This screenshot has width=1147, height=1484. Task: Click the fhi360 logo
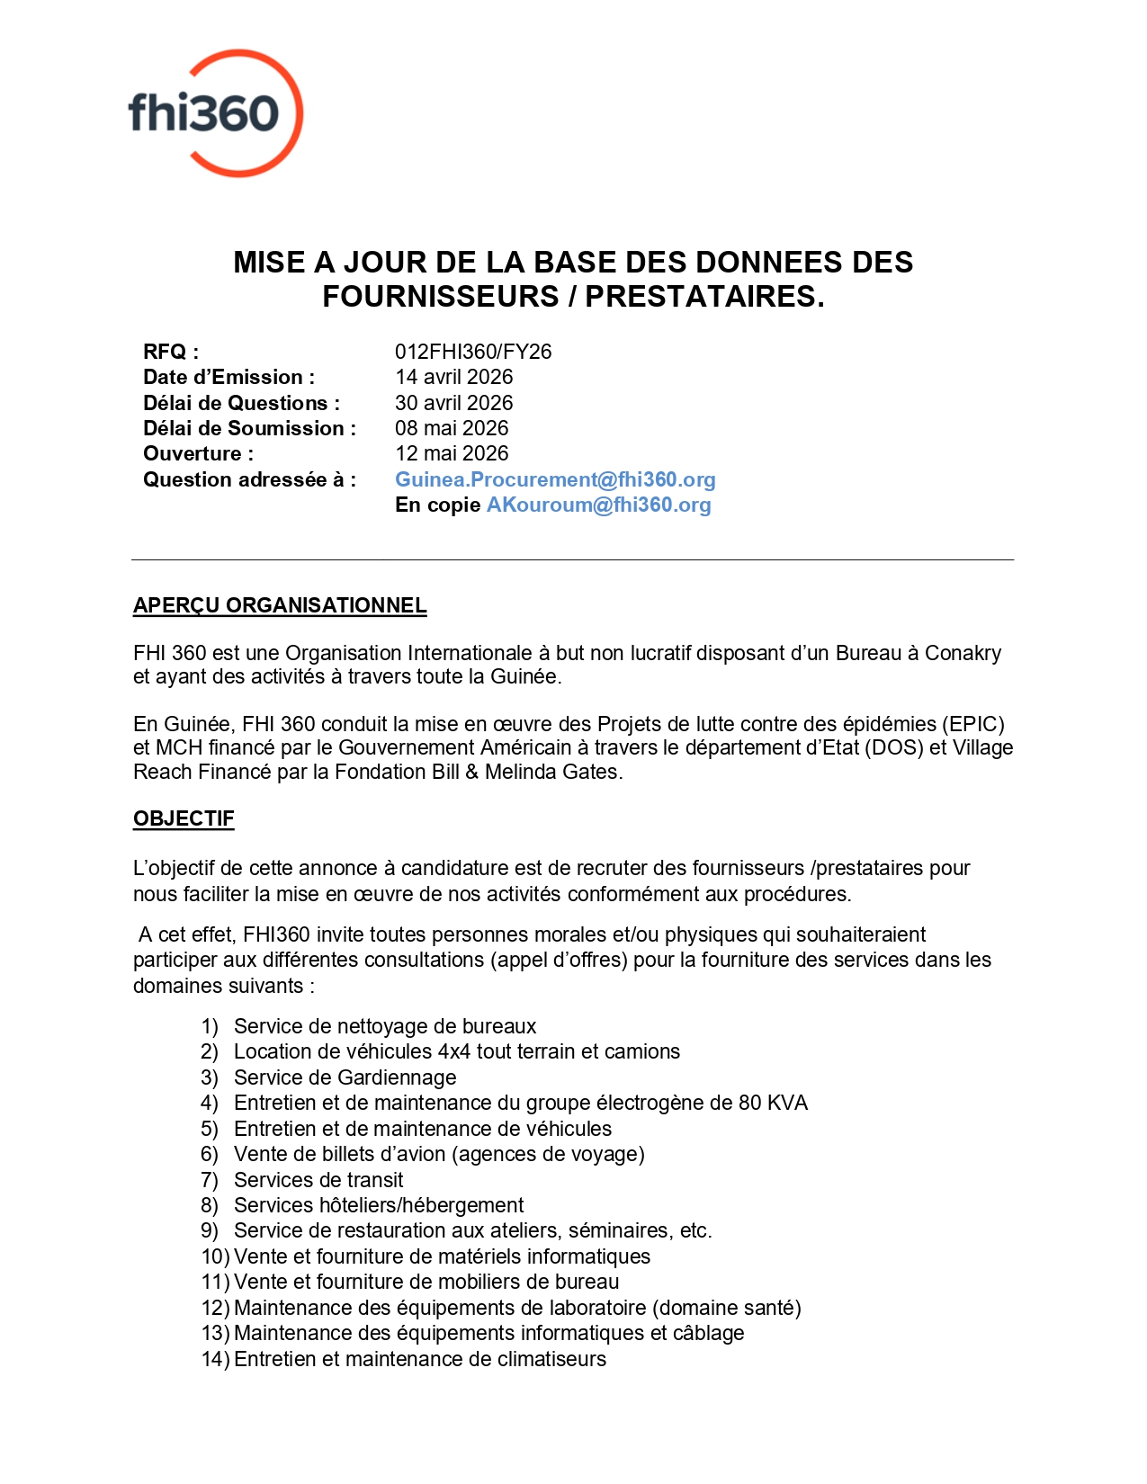click(x=215, y=113)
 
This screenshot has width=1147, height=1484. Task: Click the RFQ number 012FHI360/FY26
click(x=473, y=352)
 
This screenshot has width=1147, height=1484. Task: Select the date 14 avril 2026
click(x=453, y=377)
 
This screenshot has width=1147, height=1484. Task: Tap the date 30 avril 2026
click(x=453, y=403)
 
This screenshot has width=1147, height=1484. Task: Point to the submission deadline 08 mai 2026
click(x=452, y=428)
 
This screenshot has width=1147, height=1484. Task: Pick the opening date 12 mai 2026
click(x=452, y=453)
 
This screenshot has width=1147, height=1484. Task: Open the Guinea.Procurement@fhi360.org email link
click(x=555, y=479)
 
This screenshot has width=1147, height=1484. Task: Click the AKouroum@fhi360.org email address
click(x=598, y=505)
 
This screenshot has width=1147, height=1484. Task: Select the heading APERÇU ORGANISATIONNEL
click(x=280, y=605)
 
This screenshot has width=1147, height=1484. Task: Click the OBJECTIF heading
click(x=184, y=818)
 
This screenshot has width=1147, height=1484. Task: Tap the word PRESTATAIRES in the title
click(x=704, y=296)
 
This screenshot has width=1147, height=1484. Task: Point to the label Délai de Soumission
click(x=249, y=428)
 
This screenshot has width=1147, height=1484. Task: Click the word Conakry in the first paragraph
click(x=963, y=653)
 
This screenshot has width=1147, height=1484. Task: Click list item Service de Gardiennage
click(x=345, y=1077)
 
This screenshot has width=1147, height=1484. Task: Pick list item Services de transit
click(x=318, y=1180)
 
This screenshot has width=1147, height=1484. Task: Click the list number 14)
click(x=215, y=1359)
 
